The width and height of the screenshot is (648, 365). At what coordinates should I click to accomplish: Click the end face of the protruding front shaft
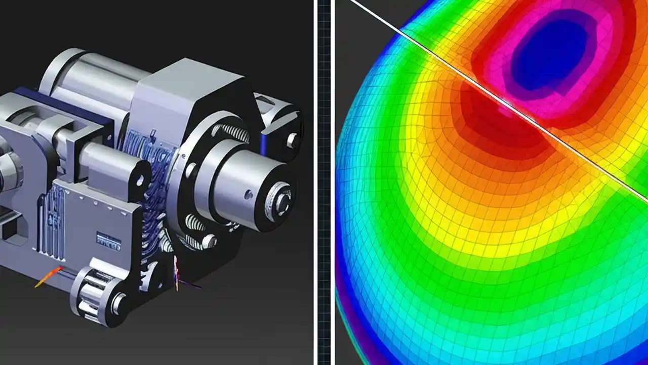tap(279, 198)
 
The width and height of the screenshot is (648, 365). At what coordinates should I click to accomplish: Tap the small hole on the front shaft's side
tap(249, 194)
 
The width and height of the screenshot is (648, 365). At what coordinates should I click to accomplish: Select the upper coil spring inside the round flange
tap(236, 133)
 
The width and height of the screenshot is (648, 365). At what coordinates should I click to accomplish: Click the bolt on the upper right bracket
tap(292, 139)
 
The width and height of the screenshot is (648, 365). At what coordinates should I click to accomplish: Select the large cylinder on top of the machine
tap(91, 76)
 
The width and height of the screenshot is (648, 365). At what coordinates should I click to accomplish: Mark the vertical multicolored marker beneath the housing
tap(176, 274)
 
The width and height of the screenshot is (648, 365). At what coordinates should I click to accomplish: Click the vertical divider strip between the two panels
tap(324, 182)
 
